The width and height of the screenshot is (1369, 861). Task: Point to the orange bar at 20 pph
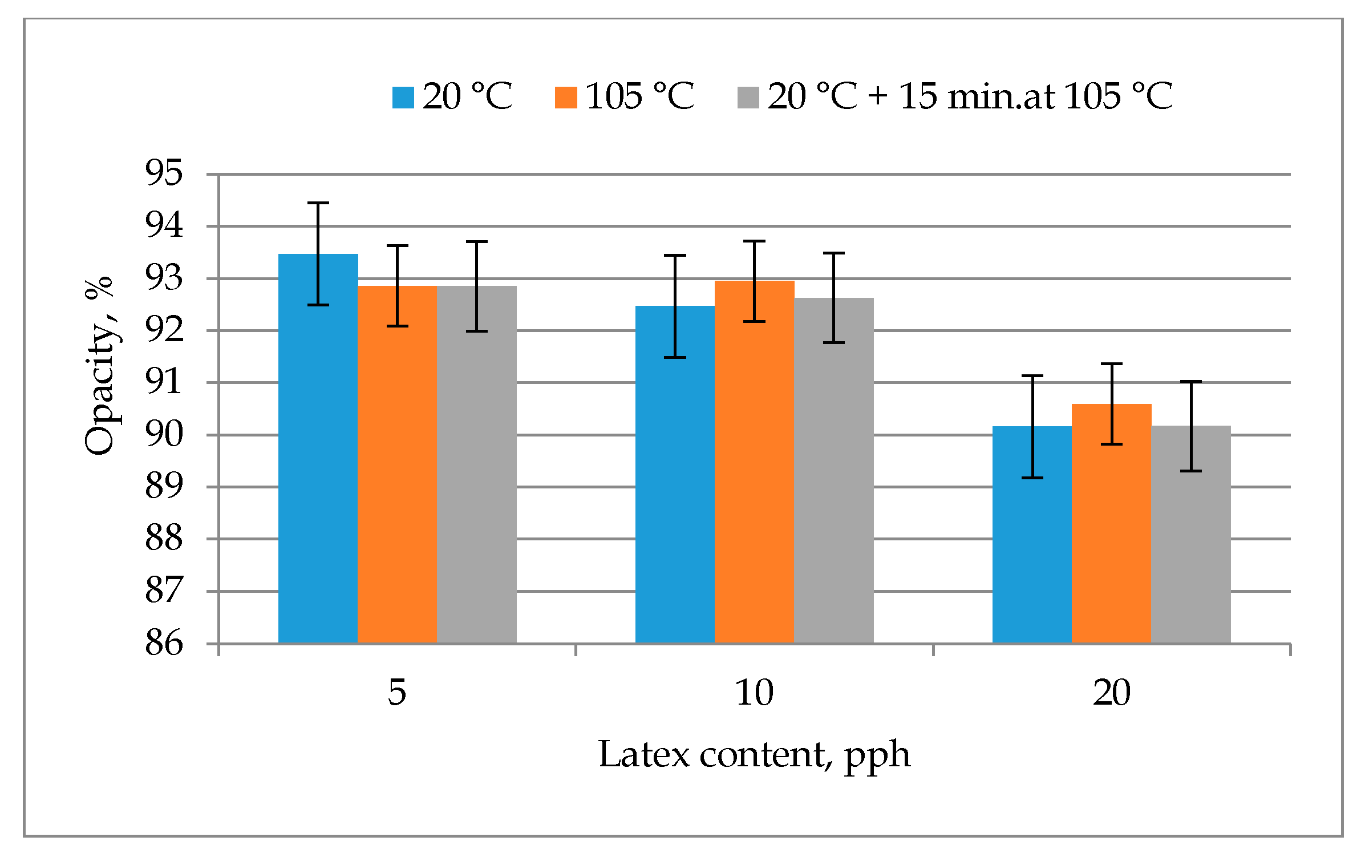pos(1111,536)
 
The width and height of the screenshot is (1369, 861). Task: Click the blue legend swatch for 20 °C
pos(403,97)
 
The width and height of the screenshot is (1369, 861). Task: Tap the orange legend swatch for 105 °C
pos(566,97)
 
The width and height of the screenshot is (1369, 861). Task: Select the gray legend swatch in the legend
pos(748,97)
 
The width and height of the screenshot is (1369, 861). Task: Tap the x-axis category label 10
pos(754,693)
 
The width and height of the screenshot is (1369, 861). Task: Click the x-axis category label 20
pos(1111,693)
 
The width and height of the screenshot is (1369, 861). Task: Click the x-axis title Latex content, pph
pos(754,755)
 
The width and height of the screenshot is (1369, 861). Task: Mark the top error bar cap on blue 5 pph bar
pos(318,203)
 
